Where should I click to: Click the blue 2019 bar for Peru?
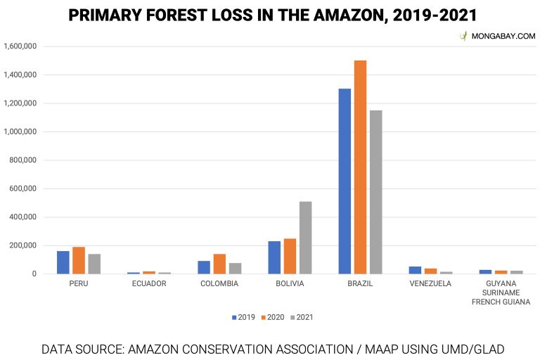point(63,262)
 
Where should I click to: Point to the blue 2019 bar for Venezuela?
point(415,270)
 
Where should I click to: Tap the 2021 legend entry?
point(300,317)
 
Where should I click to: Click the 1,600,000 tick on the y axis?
point(20,46)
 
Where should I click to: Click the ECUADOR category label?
point(149,284)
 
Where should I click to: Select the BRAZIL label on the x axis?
point(360,284)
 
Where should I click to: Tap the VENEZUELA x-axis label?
point(430,284)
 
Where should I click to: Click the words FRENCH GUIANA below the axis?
point(501,302)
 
